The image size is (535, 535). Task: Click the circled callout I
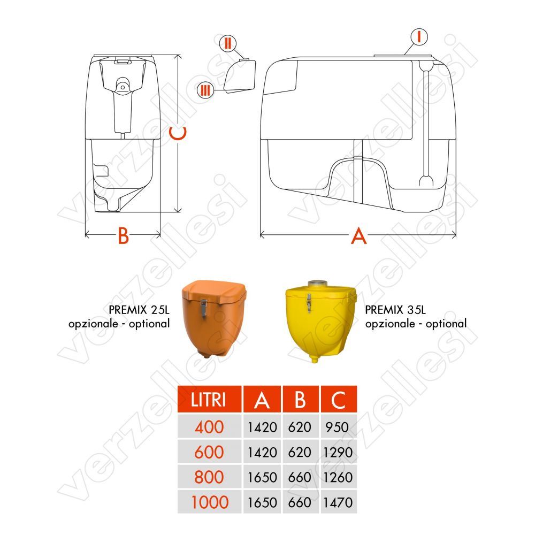pos(419,37)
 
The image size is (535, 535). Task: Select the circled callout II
pos(227,43)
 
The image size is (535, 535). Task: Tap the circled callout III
pos(205,90)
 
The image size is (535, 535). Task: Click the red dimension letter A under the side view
pos(358,236)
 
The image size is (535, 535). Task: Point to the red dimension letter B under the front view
pos(123,235)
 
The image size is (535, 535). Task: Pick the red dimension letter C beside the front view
pos(178,133)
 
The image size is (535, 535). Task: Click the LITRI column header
pos(209,399)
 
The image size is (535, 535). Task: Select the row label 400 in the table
pos(209,427)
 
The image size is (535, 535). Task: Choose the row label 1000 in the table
pos(210,502)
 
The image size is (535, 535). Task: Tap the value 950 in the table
pos(337,427)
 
